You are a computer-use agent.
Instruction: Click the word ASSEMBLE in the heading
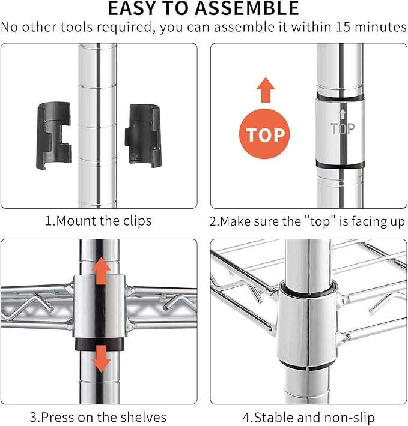point(247,8)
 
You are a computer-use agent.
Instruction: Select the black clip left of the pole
point(53,135)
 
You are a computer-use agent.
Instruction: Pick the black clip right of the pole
point(144,135)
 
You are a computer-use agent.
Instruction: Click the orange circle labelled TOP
point(264,134)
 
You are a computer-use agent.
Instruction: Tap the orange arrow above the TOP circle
point(266,90)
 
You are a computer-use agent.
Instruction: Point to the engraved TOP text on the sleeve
point(343,129)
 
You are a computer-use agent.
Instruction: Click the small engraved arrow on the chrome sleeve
point(343,114)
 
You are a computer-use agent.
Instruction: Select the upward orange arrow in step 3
point(101,271)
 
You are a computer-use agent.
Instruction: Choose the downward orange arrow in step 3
point(101,359)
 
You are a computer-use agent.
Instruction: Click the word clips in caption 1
point(137,221)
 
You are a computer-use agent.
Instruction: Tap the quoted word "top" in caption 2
point(320,221)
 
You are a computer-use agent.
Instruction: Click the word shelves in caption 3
point(144,417)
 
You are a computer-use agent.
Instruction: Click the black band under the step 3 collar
point(100,344)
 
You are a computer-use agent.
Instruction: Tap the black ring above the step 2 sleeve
point(340,98)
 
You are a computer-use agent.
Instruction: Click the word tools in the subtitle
point(76,27)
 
